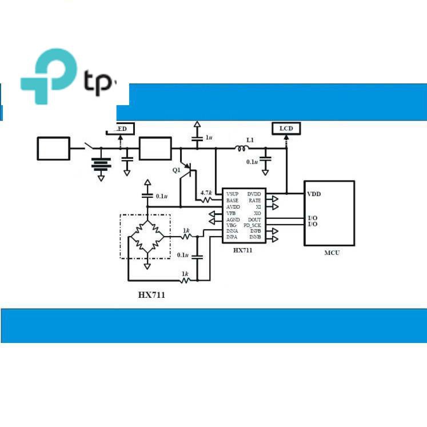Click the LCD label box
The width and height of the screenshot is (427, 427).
286,129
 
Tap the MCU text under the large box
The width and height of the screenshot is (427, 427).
332,253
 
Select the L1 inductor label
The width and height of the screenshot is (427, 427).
250,139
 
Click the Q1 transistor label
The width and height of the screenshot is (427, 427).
177,170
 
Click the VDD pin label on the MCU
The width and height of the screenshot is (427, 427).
314,194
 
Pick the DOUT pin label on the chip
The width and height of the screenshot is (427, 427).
254,220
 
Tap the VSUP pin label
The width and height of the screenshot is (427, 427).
233,194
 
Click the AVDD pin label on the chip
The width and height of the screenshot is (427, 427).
233,207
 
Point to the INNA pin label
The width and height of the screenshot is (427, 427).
232,231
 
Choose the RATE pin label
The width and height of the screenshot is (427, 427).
255,201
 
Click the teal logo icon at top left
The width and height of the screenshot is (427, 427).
48,77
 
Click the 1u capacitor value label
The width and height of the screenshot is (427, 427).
209,138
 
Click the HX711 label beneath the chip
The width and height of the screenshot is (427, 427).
242,250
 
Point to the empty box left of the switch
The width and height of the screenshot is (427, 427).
54,149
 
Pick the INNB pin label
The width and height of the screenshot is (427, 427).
255,237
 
